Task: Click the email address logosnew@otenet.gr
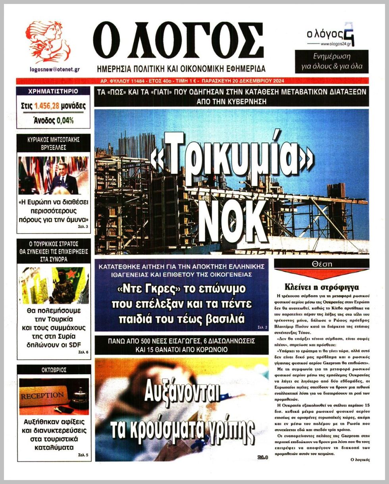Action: (x=55, y=69)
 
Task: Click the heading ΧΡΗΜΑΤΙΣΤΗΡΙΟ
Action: (x=53, y=91)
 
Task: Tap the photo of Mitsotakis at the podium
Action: (x=54, y=175)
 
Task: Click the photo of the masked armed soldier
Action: (x=54, y=285)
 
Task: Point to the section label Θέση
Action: (x=322, y=264)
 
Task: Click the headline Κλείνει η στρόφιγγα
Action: (x=322, y=287)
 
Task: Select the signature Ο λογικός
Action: (x=360, y=459)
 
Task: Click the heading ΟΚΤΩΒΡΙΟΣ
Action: (x=54, y=370)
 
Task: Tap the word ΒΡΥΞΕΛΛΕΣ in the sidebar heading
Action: (x=54, y=147)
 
